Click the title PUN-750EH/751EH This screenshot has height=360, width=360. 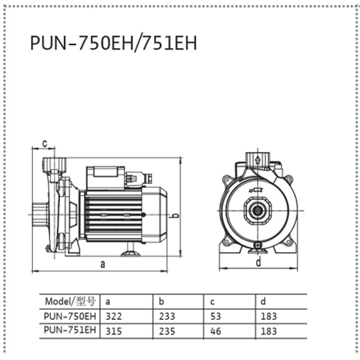[x=113, y=43]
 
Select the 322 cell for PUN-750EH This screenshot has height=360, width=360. [x=113, y=316]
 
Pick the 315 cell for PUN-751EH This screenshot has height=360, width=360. [x=113, y=331]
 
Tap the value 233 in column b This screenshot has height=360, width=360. [x=167, y=316]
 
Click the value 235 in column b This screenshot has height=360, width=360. [x=167, y=331]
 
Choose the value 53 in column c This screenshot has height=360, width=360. [x=215, y=316]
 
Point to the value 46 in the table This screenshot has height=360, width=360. [x=215, y=331]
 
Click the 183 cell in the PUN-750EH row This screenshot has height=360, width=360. [x=269, y=316]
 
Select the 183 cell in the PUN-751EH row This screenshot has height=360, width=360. [x=269, y=331]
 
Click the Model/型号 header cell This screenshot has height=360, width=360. [x=70, y=301]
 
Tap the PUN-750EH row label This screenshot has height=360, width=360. [x=70, y=316]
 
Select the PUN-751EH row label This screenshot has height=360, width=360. [x=70, y=330]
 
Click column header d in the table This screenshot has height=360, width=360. [x=263, y=301]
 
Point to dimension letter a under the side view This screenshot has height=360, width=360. [x=103, y=264]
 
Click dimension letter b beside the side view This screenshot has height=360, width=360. [x=175, y=216]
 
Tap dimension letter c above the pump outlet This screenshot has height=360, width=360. [x=45, y=144]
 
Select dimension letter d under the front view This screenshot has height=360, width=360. [x=259, y=262]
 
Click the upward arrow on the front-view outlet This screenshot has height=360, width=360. [x=257, y=160]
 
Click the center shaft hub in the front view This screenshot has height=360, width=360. [x=257, y=211]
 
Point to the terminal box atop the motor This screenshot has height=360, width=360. [x=106, y=178]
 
